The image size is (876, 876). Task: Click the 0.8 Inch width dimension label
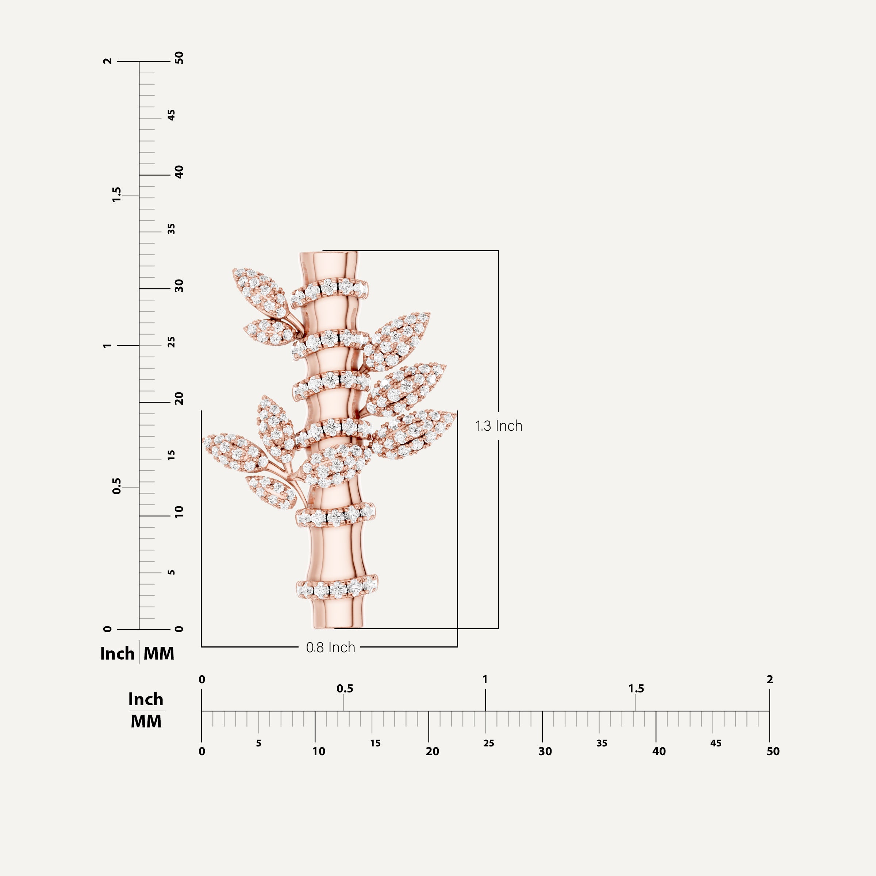click(331, 647)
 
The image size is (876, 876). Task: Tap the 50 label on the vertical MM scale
click(179, 58)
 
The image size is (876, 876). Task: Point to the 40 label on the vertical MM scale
click(179, 172)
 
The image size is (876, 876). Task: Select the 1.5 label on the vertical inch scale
click(116, 195)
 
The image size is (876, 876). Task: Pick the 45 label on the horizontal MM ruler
click(715, 743)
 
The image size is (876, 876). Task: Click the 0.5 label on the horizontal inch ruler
click(345, 689)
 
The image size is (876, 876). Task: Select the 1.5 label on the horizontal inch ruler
click(636, 689)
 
